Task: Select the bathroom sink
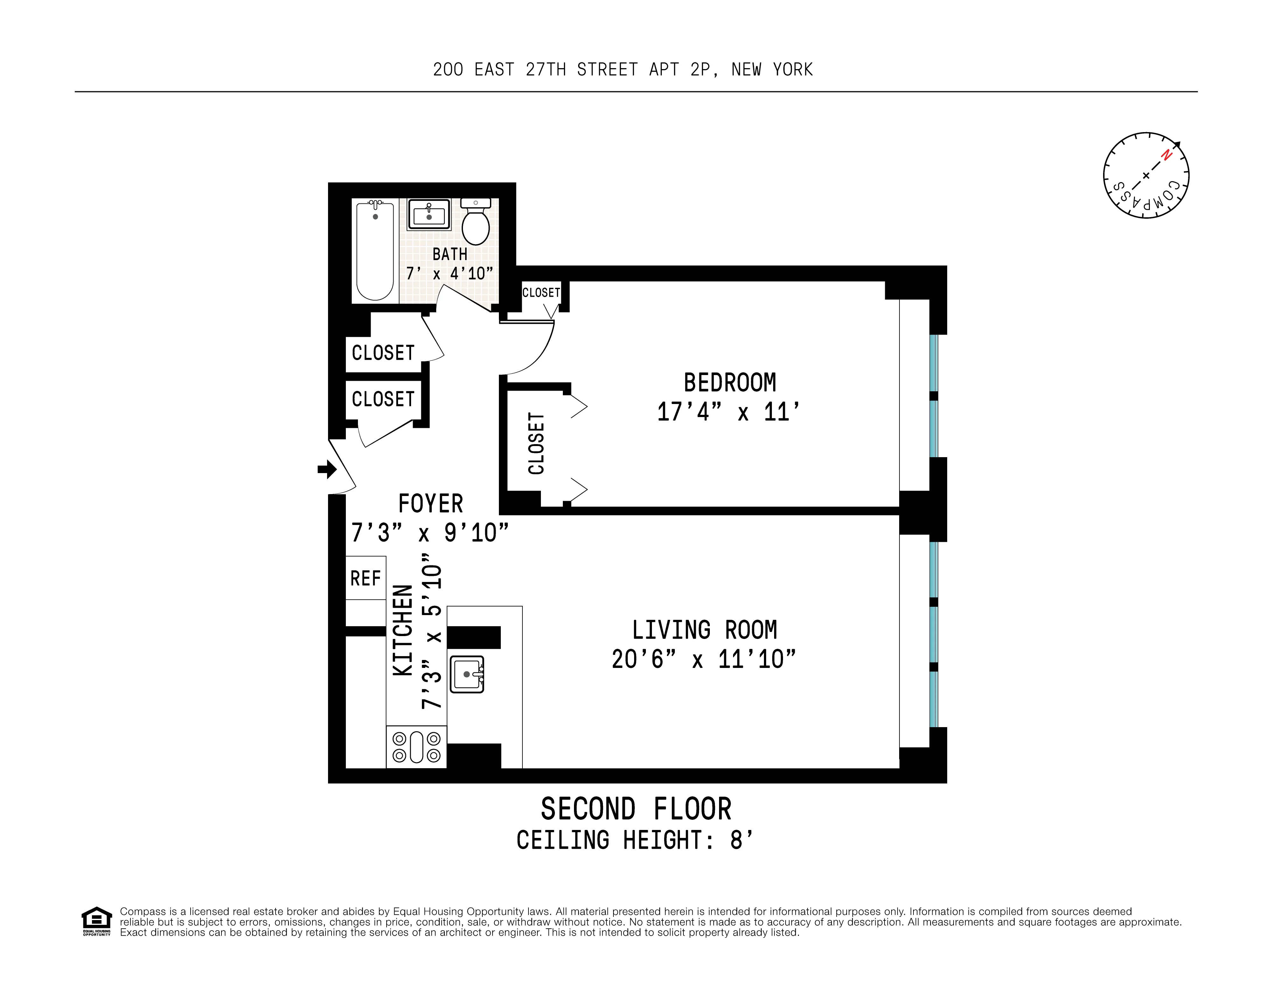(x=429, y=215)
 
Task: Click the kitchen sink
(x=467, y=674)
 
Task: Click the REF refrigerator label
(x=366, y=578)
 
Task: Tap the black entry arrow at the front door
(x=327, y=469)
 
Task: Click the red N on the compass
(x=1166, y=155)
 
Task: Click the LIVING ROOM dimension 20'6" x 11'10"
(x=703, y=659)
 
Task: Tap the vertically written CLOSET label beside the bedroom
(x=536, y=443)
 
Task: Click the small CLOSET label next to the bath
(x=541, y=292)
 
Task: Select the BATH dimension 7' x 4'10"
(x=449, y=273)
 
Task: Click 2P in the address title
(x=700, y=69)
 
